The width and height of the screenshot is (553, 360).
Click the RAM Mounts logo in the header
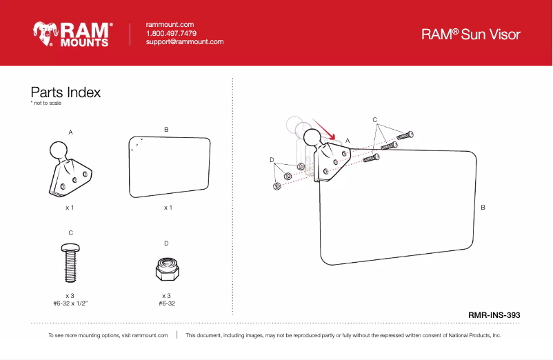pos(72,33)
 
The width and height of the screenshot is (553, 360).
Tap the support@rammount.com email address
pos(185,42)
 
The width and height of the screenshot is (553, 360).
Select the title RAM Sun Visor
pos(471,34)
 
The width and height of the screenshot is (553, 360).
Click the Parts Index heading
pos(66,92)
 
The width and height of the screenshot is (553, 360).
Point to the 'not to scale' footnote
pos(46,103)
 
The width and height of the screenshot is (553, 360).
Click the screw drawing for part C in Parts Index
pos(70,261)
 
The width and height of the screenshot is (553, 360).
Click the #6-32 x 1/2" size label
pos(70,303)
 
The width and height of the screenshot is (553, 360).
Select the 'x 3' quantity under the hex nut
pos(166,295)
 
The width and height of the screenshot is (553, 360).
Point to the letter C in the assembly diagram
pos(374,120)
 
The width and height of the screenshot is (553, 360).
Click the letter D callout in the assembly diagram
pos(272,160)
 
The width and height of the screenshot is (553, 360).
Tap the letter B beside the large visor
pos(482,207)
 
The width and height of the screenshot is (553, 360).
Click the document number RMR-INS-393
pos(494,314)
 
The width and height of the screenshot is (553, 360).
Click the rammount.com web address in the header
pos(170,24)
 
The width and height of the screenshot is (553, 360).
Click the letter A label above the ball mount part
pos(70,131)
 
